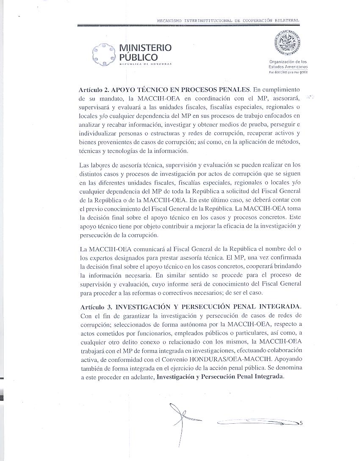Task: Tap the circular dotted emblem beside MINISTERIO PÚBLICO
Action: click(104, 54)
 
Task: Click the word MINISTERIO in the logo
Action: click(146, 48)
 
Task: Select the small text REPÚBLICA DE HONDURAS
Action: click(146, 64)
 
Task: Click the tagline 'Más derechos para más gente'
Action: click(288, 72)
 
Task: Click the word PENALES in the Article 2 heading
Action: click(231, 90)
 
